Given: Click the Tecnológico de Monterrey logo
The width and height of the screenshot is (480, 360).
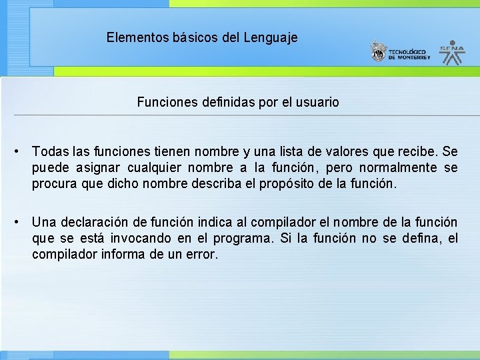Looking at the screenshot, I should tap(401, 52).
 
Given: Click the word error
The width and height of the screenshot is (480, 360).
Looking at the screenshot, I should tap(202, 254).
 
